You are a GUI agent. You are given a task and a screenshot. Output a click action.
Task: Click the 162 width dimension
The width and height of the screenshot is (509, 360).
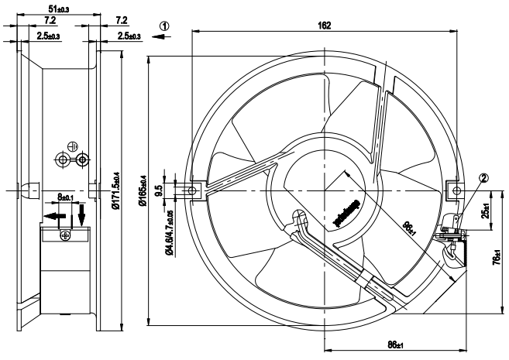click(325, 26)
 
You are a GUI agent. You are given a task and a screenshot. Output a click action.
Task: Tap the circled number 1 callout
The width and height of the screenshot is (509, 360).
click(163, 25)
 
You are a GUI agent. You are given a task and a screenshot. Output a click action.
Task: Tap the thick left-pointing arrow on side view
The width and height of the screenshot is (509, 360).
click(53, 218)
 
